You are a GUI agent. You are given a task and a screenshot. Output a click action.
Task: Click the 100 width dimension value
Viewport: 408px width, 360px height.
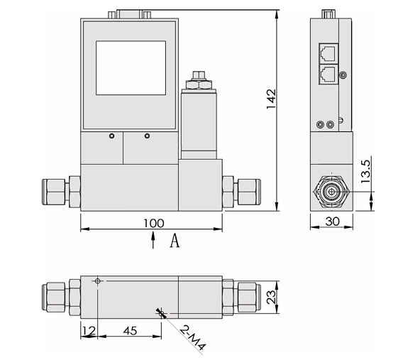click(x=153, y=223)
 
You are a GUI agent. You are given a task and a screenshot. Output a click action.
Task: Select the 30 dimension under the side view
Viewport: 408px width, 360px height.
click(x=331, y=222)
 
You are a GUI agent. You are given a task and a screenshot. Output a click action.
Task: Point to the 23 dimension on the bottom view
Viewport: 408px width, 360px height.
click(x=270, y=297)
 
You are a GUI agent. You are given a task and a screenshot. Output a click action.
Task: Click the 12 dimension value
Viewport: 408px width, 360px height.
click(x=88, y=329)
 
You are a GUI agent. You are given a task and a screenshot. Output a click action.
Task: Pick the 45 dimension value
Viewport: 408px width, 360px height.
click(x=130, y=329)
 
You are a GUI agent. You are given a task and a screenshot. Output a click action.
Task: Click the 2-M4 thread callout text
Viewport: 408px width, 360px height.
click(x=192, y=337)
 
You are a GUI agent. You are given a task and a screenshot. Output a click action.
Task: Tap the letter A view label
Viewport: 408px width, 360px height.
click(x=174, y=241)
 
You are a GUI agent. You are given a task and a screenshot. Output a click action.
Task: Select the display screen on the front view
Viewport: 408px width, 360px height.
click(x=131, y=67)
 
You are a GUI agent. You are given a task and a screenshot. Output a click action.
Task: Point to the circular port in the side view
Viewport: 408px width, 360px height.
click(x=330, y=191)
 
